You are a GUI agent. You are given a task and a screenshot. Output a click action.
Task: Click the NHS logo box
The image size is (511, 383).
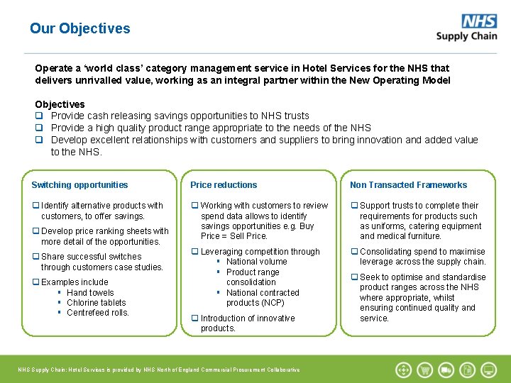[479, 21]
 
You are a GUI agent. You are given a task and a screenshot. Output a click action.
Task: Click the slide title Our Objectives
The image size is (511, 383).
[80, 28]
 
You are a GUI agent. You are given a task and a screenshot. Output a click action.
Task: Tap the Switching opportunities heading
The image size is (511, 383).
[79, 185]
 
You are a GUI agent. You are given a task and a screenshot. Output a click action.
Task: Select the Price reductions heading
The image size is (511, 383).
[224, 185]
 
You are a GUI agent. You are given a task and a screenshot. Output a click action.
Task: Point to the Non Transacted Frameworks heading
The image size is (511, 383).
[408, 185]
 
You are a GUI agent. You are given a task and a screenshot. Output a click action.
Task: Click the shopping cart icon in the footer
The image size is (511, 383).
[424, 370]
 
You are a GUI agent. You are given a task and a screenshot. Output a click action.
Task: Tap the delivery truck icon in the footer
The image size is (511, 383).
[446, 370]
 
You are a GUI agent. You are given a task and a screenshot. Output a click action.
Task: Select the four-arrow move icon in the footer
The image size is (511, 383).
[403, 370]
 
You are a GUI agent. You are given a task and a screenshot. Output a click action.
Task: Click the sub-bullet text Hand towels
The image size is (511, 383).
[90, 293]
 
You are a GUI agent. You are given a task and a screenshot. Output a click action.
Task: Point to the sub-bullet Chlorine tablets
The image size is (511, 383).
[96, 303]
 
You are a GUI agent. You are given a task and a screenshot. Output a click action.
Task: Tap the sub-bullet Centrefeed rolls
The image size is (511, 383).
[97, 313]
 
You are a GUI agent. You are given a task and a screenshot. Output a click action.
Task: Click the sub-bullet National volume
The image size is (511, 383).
[256, 262]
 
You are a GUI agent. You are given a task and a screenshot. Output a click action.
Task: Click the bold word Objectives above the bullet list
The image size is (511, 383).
[60, 104]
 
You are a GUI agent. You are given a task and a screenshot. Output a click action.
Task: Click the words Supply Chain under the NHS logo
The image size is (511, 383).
[466, 36]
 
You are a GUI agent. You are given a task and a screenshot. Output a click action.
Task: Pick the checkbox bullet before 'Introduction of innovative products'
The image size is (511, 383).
[195, 318]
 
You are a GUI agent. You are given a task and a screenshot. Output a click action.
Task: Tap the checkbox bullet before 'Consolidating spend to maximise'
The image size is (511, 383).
[354, 252]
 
